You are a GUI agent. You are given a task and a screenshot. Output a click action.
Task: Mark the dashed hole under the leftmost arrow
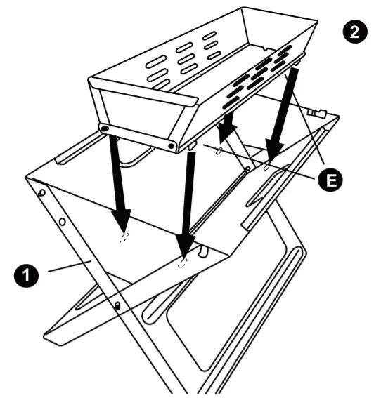tap(124, 236)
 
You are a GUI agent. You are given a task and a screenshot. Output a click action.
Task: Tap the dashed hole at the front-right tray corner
tap(183, 263)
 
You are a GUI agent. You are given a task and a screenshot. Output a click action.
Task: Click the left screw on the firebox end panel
tap(104, 130)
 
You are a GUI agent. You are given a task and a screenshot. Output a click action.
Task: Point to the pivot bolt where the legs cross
tap(117, 305)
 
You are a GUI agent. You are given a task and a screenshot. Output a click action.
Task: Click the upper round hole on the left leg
tap(41, 192)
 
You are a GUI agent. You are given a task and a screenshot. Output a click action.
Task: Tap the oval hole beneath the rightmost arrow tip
tap(268, 167)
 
